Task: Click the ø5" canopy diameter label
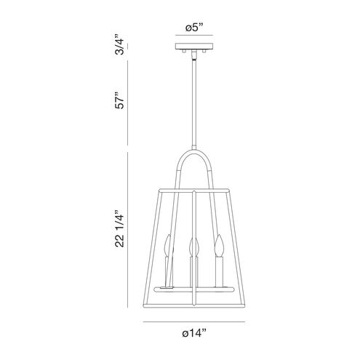point(194,28)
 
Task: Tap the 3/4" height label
point(120,45)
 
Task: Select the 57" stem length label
point(120,100)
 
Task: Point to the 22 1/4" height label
point(120,228)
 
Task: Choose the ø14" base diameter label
point(194,333)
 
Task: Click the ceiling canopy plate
point(194,47)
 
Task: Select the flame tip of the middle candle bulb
point(194,239)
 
